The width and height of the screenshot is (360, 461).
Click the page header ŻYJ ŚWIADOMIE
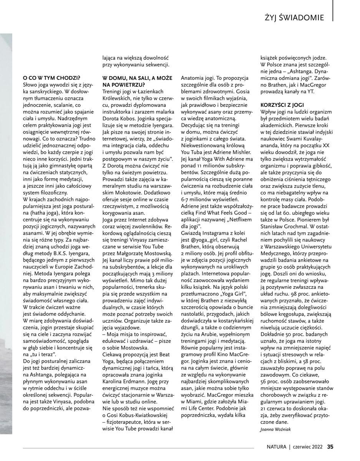(x=294, y=18)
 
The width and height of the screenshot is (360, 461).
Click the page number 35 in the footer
(x=330, y=447)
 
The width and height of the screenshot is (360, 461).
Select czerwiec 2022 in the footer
(x=308, y=447)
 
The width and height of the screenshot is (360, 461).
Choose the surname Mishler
(x=237, y=152)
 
